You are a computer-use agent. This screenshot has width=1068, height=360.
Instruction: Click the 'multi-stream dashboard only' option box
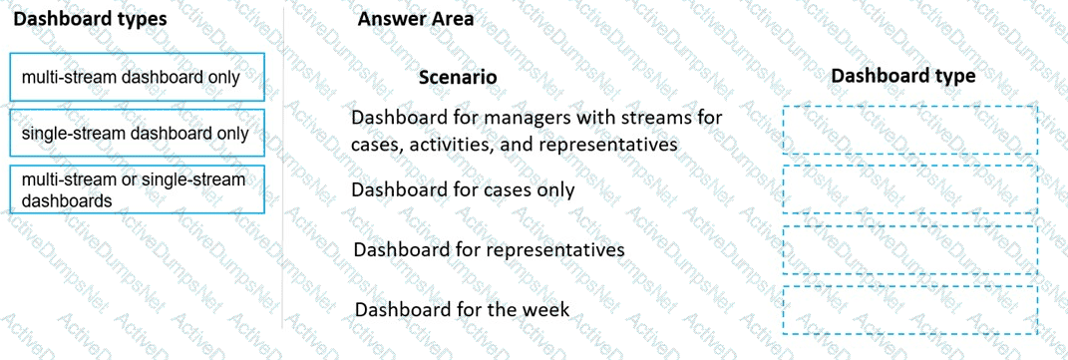(138, 78)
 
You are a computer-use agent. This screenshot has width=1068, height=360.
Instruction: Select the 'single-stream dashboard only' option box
(138, 134)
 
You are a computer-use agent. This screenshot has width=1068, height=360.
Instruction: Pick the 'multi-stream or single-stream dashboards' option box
(138, 189)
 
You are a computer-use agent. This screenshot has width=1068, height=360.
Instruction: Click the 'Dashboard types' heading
(90, 19)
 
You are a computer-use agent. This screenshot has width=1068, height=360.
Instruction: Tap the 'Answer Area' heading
(416, 19)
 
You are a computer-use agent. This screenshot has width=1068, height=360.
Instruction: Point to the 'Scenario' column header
(458, 77)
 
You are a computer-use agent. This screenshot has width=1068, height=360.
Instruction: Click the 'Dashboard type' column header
(902, 76)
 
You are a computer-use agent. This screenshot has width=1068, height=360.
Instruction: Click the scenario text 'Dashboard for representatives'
(489, 248)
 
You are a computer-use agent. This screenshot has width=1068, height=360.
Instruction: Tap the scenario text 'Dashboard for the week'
(462, 309)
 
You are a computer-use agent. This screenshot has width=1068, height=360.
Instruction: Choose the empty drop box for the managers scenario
(909, 130)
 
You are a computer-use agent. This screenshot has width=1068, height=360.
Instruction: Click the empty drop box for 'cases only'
(909, 189)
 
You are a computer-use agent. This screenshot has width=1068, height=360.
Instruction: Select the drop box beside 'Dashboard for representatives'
(909, 249)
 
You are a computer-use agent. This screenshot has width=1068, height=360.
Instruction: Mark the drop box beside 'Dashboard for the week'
(909, 309)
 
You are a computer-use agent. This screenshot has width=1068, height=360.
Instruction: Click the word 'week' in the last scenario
(544, 309)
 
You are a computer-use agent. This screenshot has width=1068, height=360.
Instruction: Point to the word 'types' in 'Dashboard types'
(141, 19)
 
